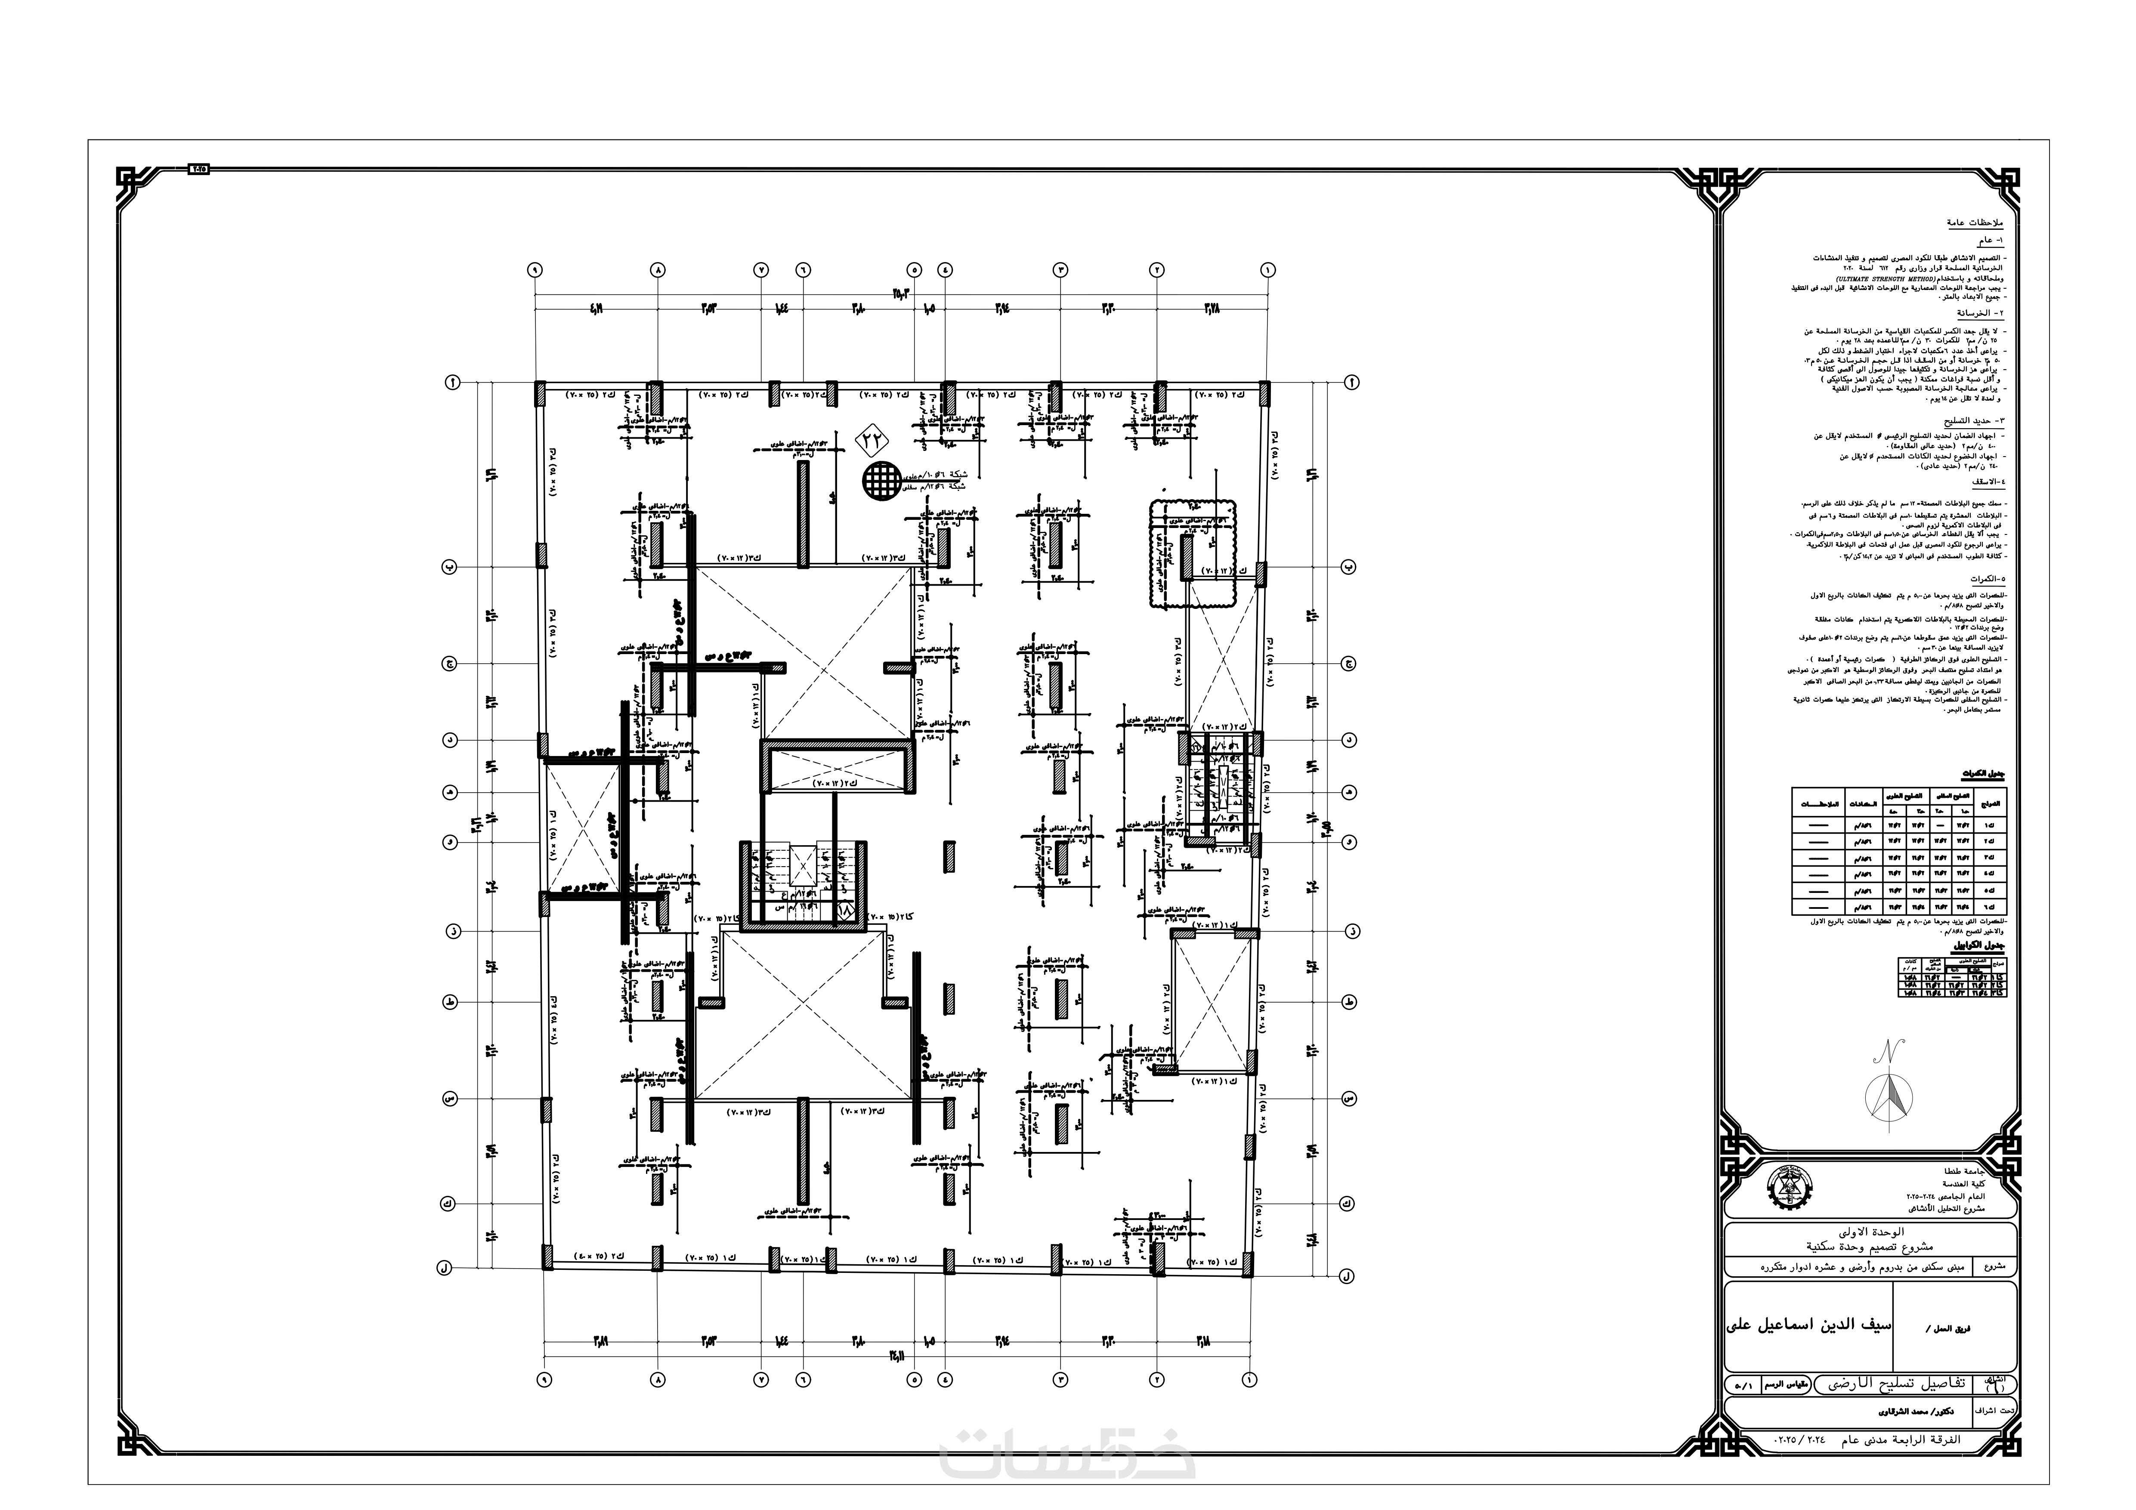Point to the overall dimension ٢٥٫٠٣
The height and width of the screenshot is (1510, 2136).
click(x=900, y=296)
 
